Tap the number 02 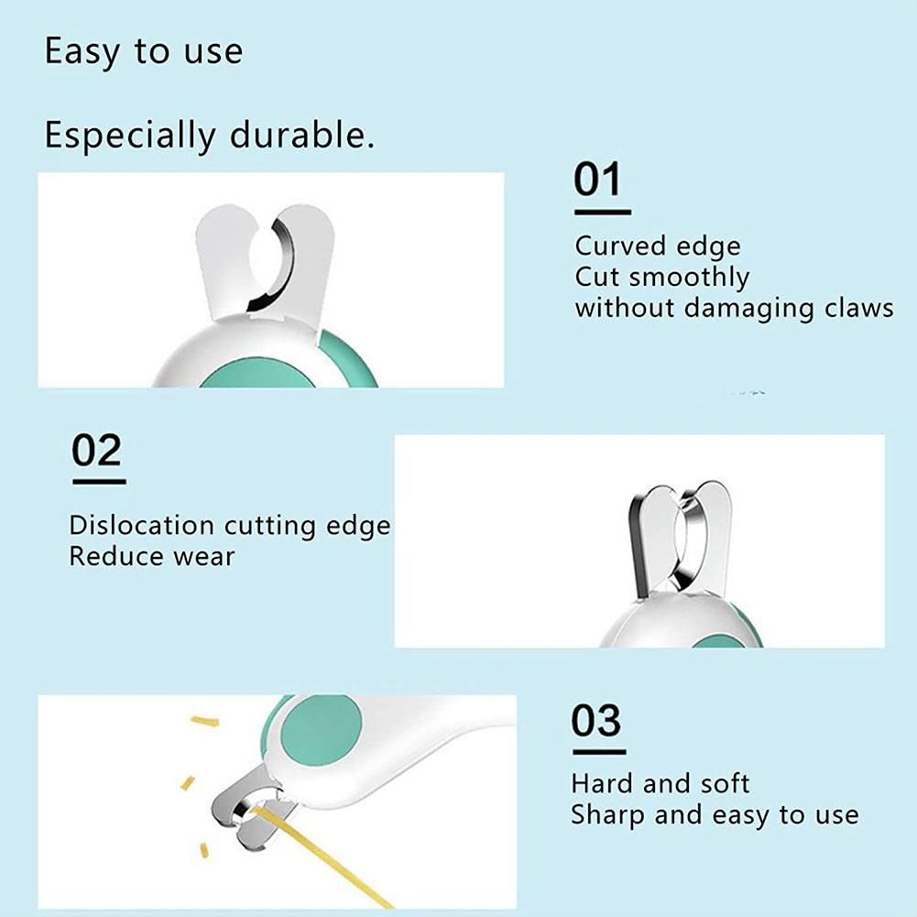click(96, 450)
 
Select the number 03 click(596, 720)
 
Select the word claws click(859, 308)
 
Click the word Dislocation click(141, 525)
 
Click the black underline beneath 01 click(603, 213)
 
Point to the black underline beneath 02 click(100, 482)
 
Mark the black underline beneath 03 click(599, 752)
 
